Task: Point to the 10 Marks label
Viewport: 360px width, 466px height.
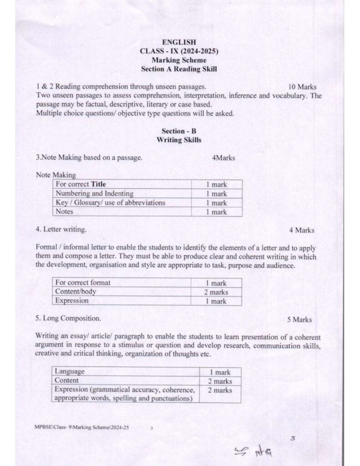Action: tap(302, 86)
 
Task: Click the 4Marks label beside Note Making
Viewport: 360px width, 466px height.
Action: tap(223, 158)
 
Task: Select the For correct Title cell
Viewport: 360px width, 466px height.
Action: tap(81, 184)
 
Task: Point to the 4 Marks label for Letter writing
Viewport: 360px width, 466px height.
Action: tap(301, 230)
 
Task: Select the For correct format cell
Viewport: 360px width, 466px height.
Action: tap(83, 283)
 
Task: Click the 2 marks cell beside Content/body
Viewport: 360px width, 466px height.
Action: tap(216, 292)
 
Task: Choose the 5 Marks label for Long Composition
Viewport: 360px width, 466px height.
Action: tap(299, 320)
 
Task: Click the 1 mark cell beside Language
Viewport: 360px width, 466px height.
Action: tap(220, 372)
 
